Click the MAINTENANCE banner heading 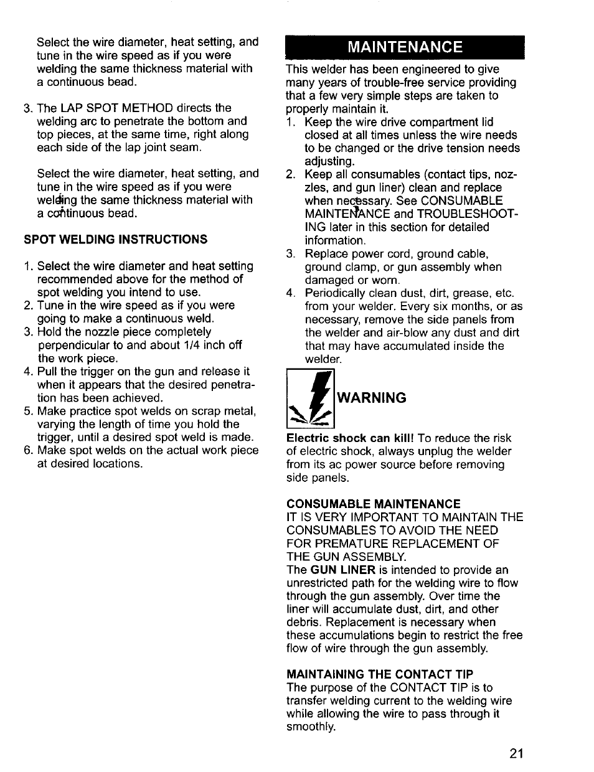[405, 47]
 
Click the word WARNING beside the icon [372, 398]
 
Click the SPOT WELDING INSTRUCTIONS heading [115, 240]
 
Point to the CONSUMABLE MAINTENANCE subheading [373, 504]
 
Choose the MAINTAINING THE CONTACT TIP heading [380, 674]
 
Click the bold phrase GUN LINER [343, 570]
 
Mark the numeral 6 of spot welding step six [27, 450]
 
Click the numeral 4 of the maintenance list [290, 293]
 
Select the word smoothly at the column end [309, 727]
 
